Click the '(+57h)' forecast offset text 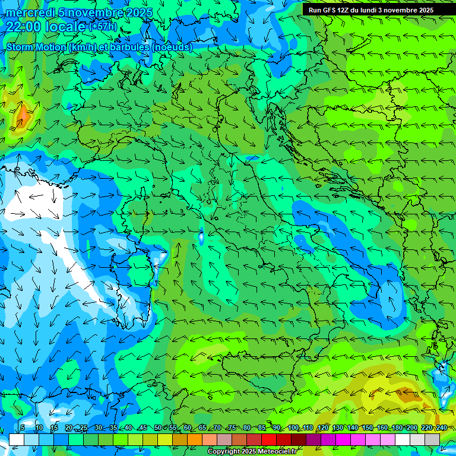[x=103, y=27]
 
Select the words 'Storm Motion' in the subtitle [x=36, y=47]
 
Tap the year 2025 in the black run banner [x=423, y=10]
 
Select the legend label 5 [x=23, y=428]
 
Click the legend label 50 [x=157, y=428]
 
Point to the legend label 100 [x=293, y=428]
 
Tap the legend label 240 [x=441, y=428]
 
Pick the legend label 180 [x=397, y=428]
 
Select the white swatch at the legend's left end [x=17, y=439]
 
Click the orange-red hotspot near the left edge [x=23, y=113]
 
